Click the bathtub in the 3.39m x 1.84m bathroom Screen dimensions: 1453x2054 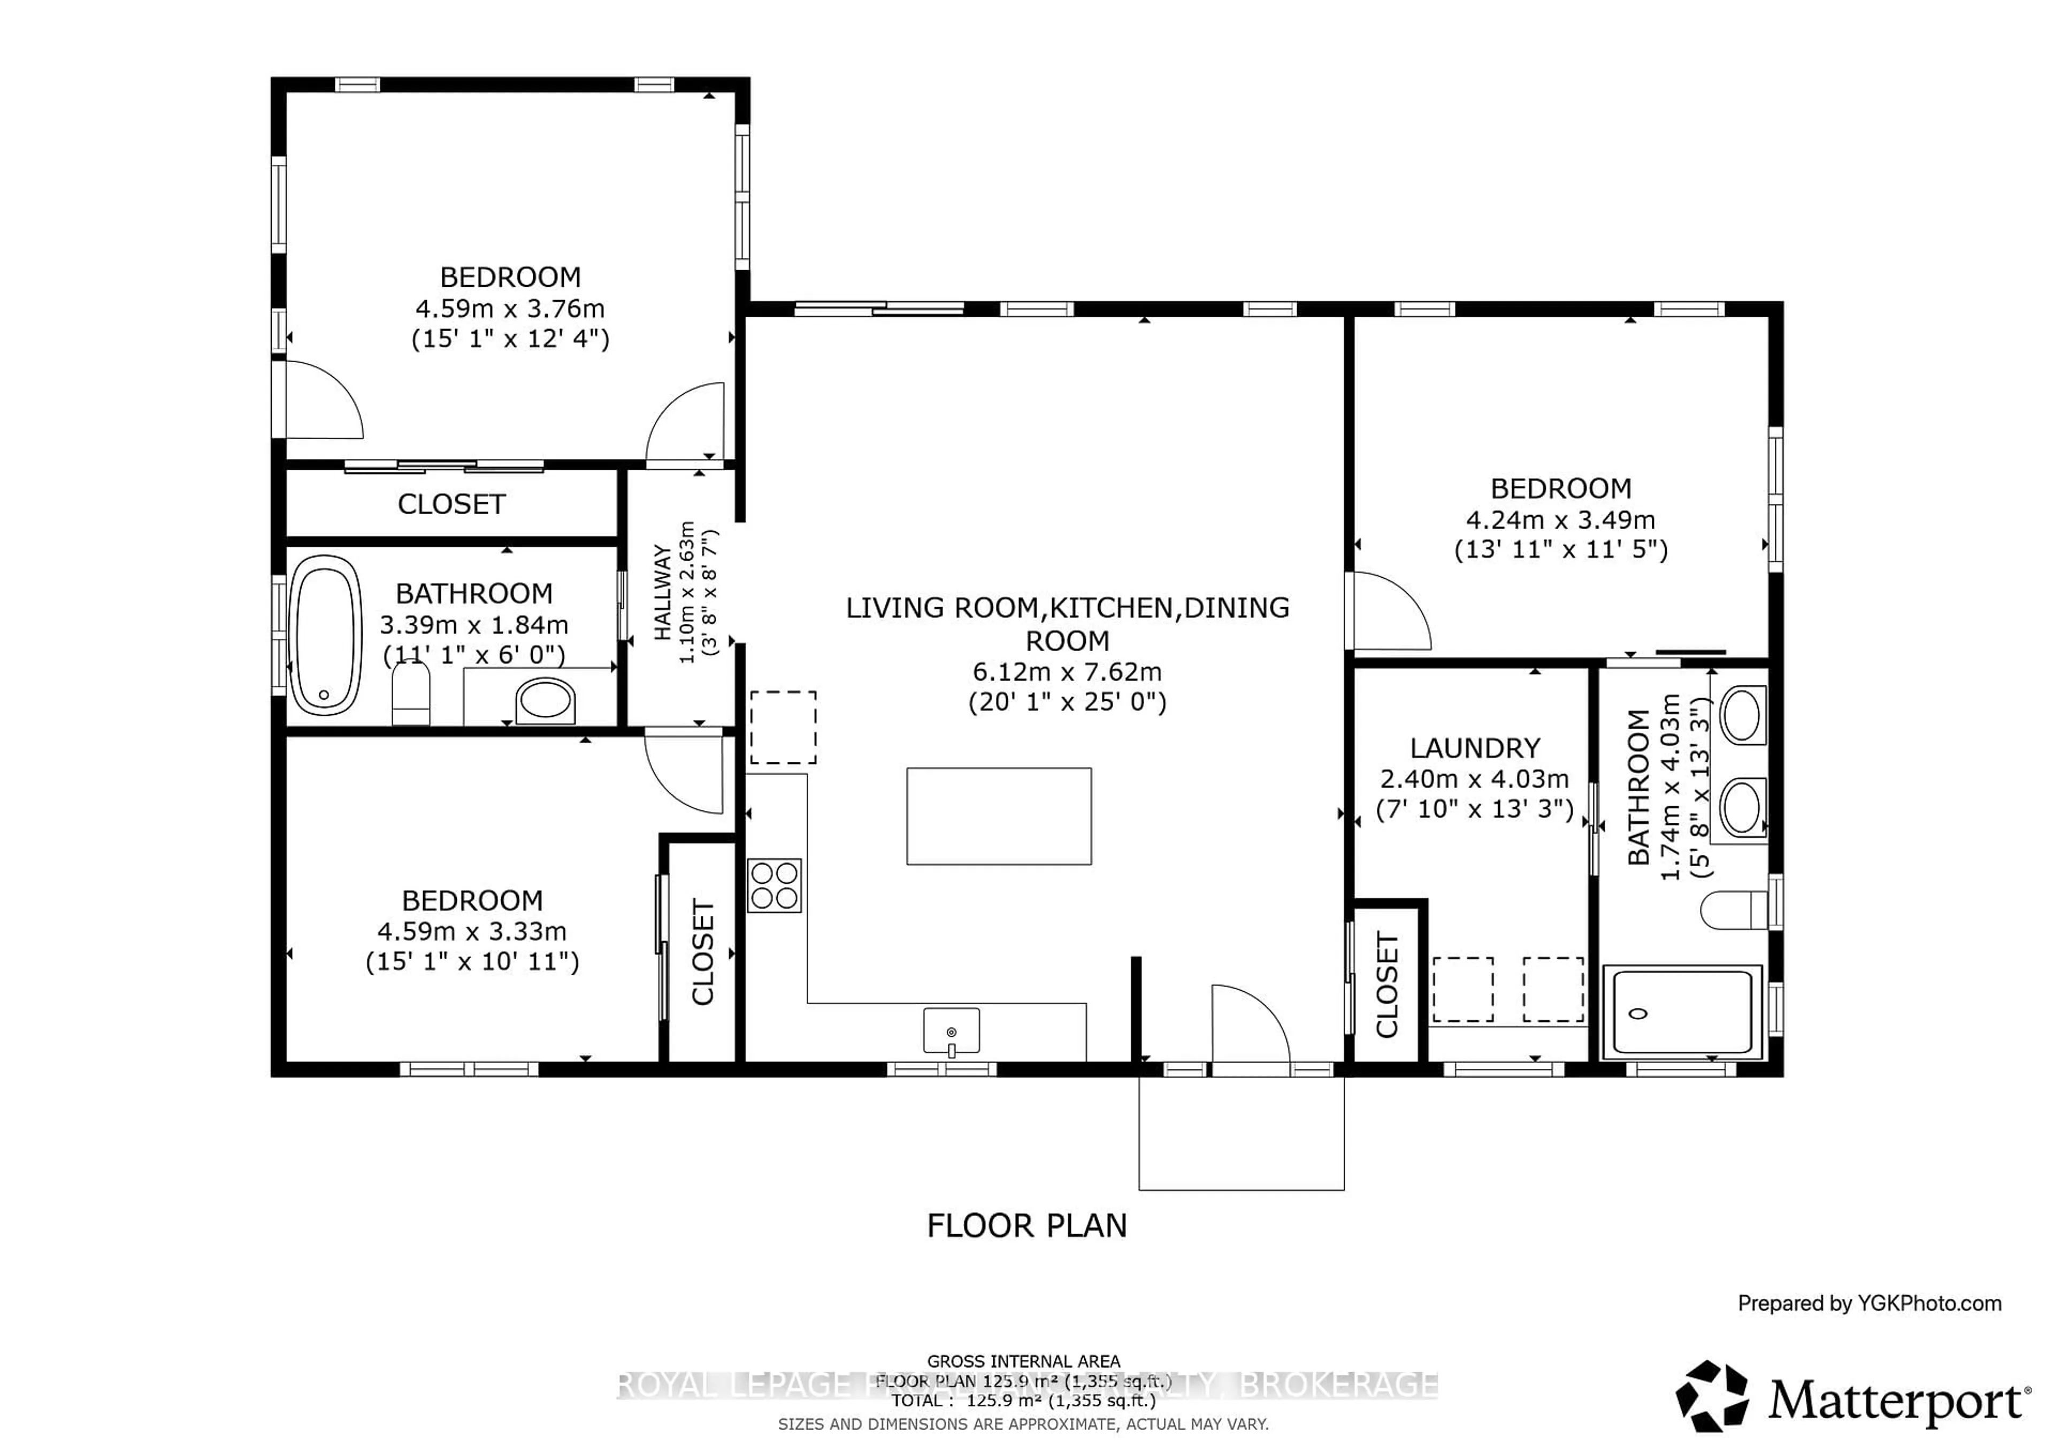click(x=327, y=634)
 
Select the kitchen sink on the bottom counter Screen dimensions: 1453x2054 click(x=951, y=1031)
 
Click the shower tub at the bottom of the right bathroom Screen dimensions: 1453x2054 click(x=1681, y=1011)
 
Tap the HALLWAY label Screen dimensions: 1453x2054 click(x=663, y=592)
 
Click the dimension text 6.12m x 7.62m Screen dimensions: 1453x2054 click(x=1067, y=671)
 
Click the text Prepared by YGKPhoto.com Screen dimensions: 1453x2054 click(x=1869, y=1304)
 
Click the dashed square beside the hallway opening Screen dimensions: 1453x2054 click(x=783, y=728)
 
